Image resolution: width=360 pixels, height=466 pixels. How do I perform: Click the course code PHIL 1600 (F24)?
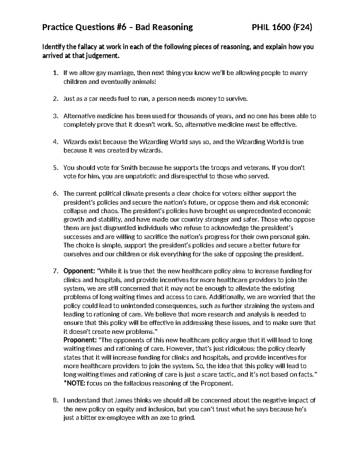pos(282,28)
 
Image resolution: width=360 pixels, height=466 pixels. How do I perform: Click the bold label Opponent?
pos(79,271)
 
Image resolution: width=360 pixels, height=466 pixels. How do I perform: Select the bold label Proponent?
pos(80,340)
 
